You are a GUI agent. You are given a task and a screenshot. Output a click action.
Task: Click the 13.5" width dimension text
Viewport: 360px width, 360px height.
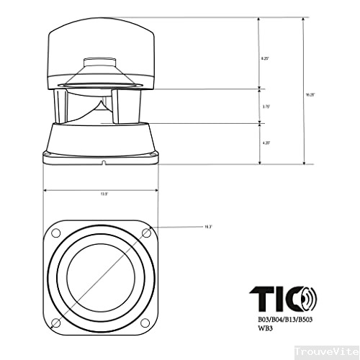pos(104,194)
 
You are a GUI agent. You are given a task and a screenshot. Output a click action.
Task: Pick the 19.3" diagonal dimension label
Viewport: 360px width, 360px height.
pos(209,227)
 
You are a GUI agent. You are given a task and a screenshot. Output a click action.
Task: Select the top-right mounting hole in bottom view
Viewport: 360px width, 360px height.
pos(147,233)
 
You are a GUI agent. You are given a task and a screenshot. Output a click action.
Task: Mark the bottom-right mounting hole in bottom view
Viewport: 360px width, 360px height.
pos(147,321)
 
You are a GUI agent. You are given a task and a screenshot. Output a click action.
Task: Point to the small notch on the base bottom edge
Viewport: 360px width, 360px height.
pos(103,163)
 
